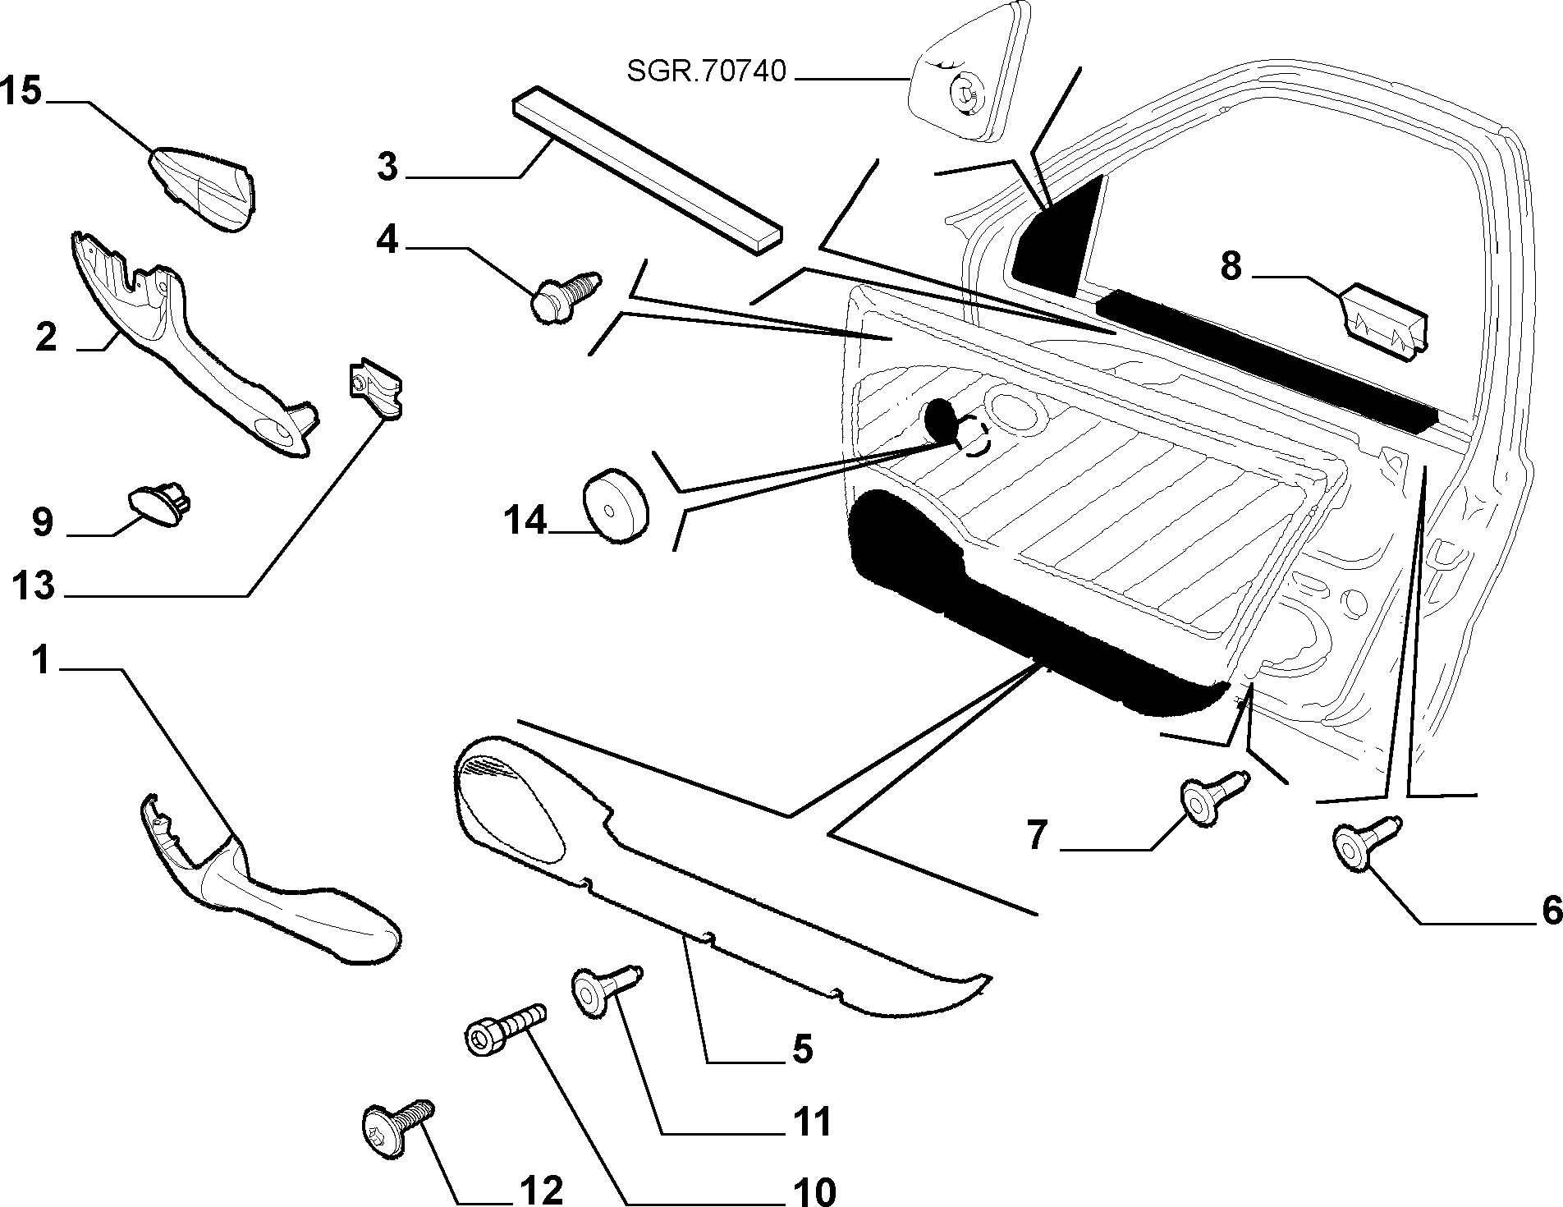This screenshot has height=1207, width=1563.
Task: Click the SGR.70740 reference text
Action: [706, 72]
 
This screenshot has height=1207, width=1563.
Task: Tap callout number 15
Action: [21, 90]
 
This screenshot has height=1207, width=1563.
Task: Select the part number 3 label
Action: [387, 167]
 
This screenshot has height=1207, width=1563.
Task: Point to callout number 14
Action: [524, 520]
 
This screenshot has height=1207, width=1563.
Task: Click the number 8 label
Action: [1231, 267]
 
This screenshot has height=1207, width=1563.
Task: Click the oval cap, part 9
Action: [159, 499]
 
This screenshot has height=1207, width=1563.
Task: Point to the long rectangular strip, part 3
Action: [646, 171]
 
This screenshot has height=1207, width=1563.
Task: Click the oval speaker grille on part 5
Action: [511, 806]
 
